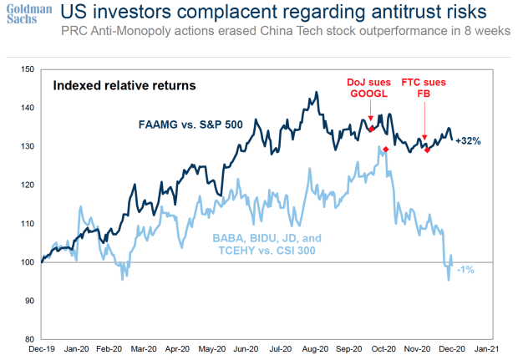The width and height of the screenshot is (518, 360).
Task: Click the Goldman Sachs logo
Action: (25, 16)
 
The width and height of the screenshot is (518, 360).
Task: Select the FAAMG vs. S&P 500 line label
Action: (190, 124)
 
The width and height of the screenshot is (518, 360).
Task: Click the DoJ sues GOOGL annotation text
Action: (369, 89)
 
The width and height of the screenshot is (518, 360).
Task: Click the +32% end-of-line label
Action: (469, 141)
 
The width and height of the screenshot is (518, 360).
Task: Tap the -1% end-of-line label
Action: (465, 269)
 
